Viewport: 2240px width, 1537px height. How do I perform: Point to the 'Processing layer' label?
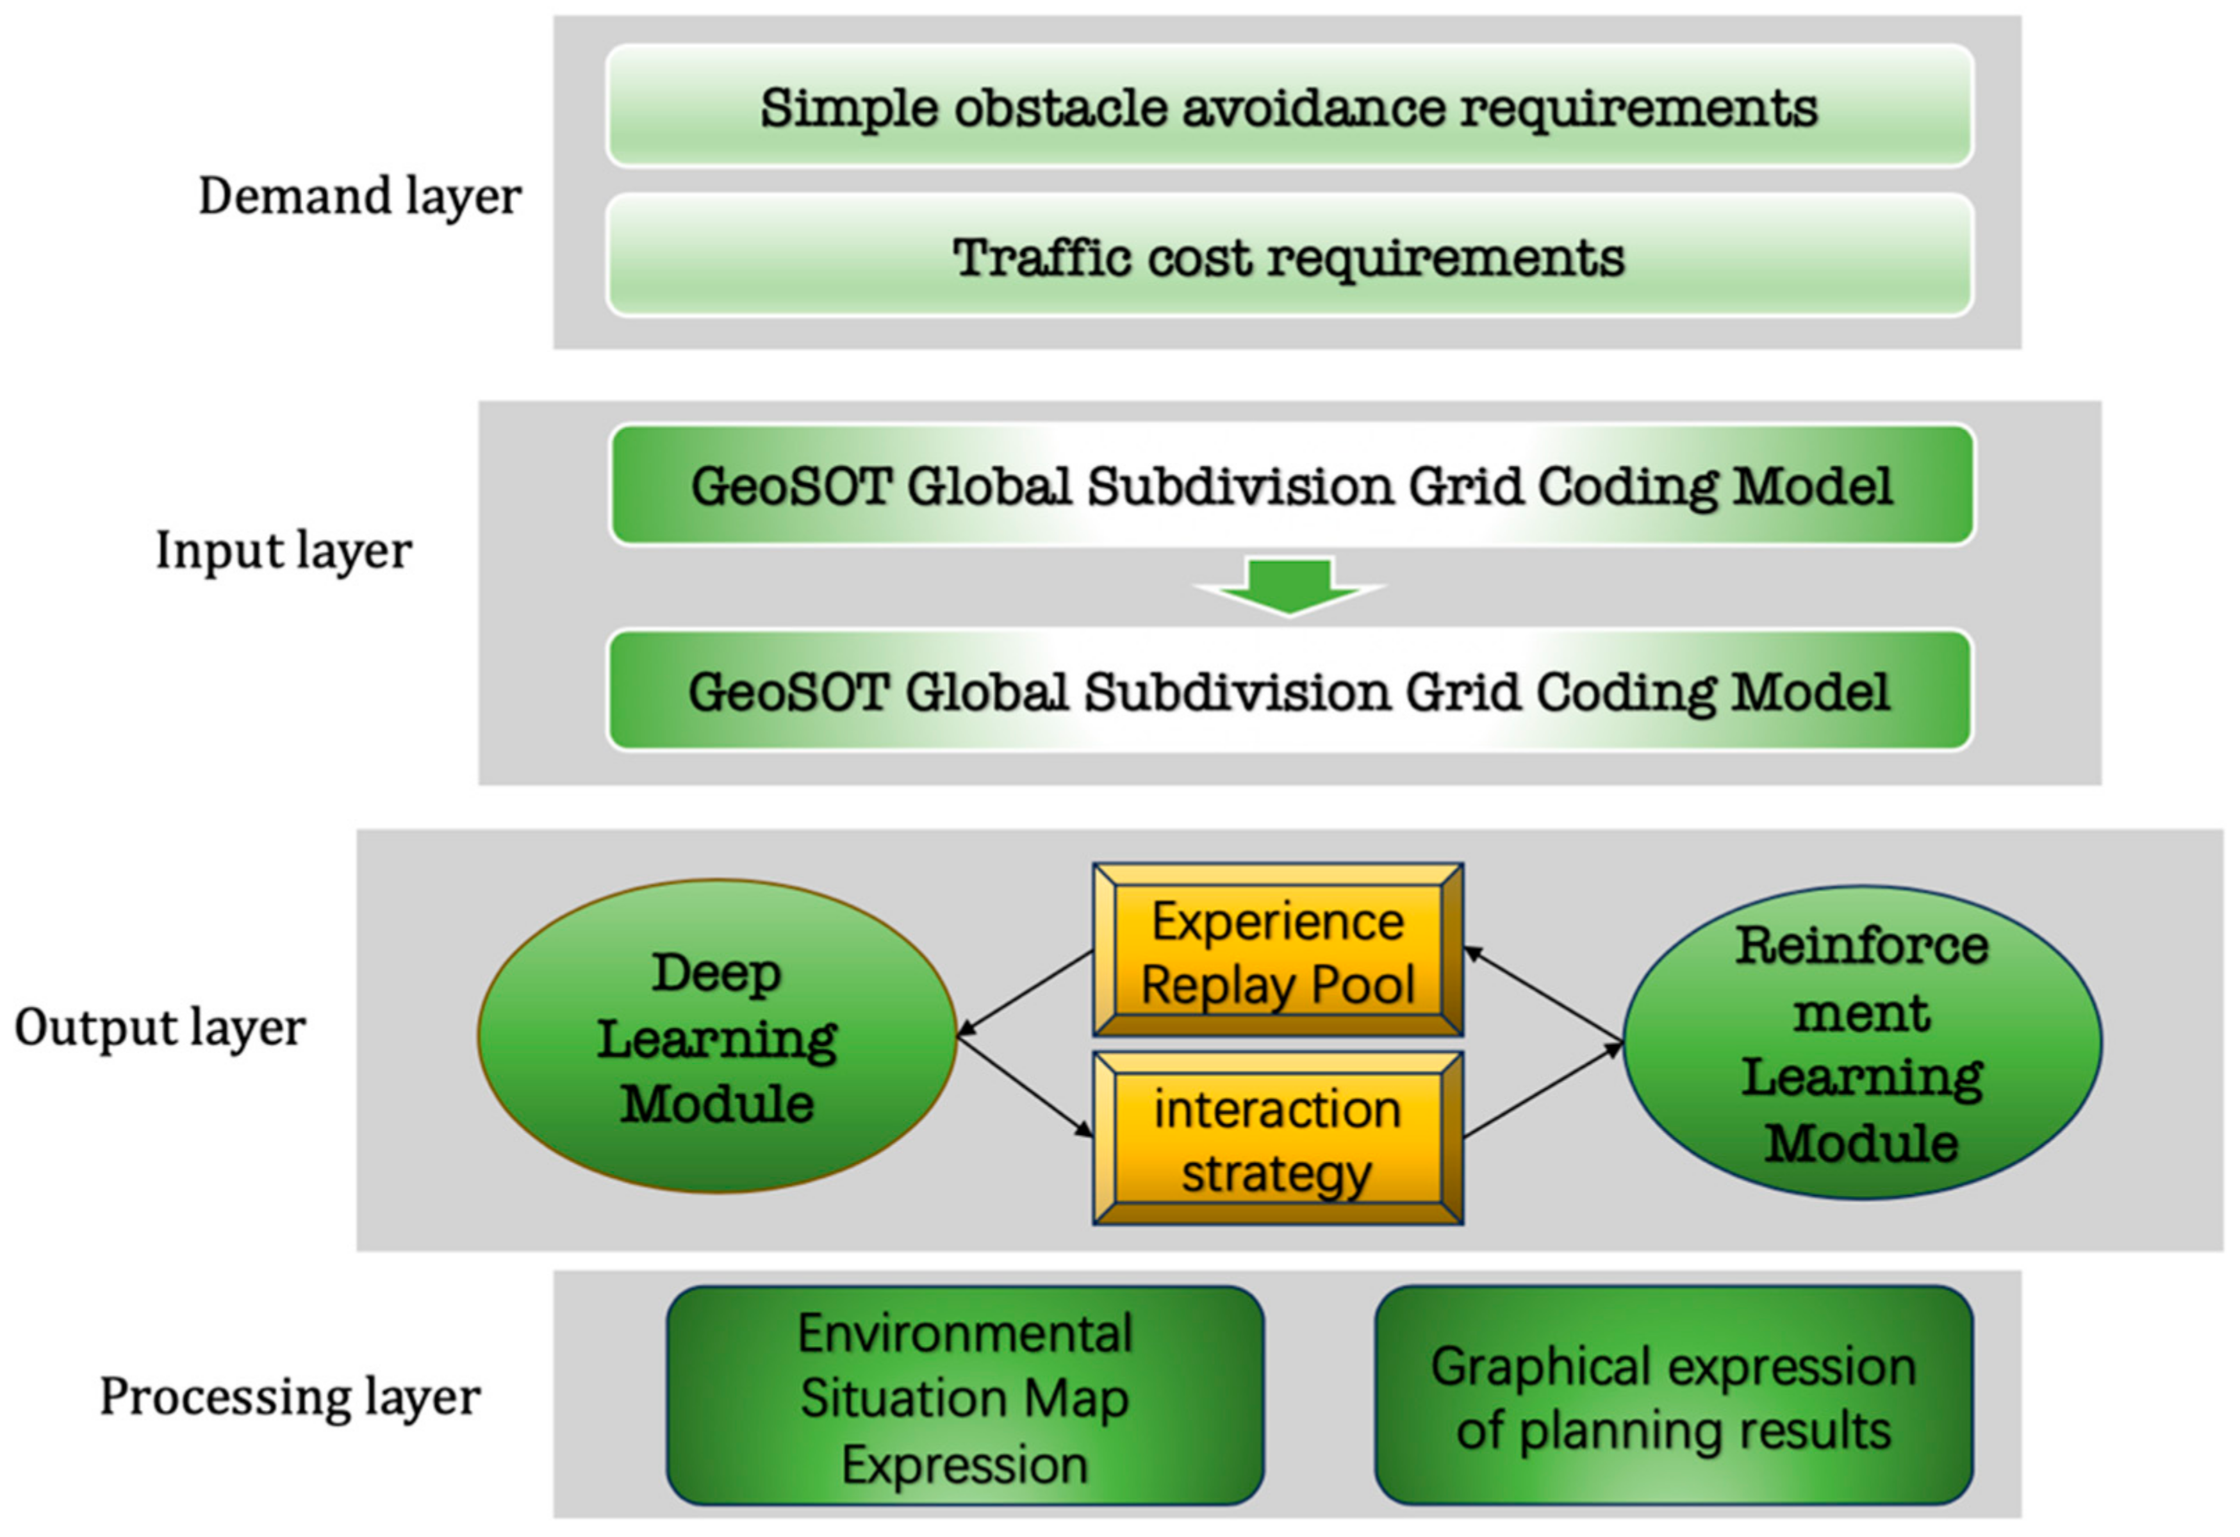coord(290,1398)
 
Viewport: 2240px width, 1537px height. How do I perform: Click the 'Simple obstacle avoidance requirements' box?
coord(1290,106)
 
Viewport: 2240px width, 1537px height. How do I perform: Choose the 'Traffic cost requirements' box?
coord(1290,256)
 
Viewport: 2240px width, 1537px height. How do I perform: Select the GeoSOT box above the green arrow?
coord(1292,485)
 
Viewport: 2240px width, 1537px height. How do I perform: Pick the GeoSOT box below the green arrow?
coord(1290,690)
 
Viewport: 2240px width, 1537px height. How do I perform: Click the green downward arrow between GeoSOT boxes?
coord(1289,586)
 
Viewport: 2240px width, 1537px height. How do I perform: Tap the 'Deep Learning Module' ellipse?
coord(717,1037)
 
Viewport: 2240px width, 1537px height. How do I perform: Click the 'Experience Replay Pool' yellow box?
coord(1278,950)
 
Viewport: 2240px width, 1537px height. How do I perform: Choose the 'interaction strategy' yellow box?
coord(1278,1138)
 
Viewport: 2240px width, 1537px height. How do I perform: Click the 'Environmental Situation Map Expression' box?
coord(965,1395)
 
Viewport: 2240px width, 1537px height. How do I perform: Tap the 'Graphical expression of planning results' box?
coord(1674,1395)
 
